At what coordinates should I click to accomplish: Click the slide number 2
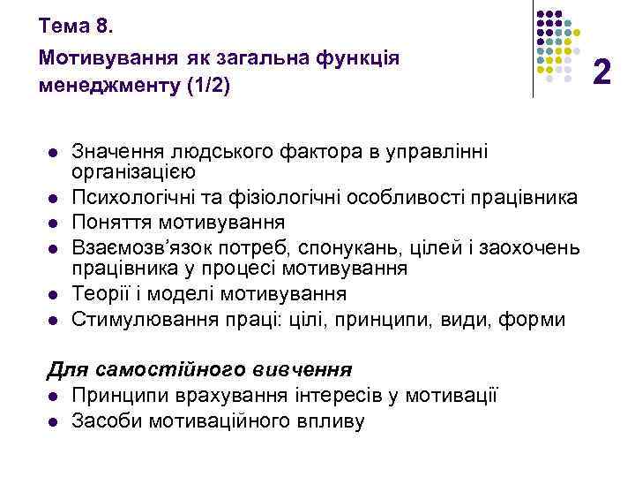click(x=602, y=70)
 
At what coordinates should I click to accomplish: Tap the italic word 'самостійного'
click(x=145, y=367)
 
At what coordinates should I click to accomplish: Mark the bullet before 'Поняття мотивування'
click(x=53, y=222)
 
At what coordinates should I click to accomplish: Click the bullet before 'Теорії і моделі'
click(x=53, y=294)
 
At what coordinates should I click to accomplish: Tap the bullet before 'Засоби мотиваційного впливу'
click(x=53, y=420)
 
